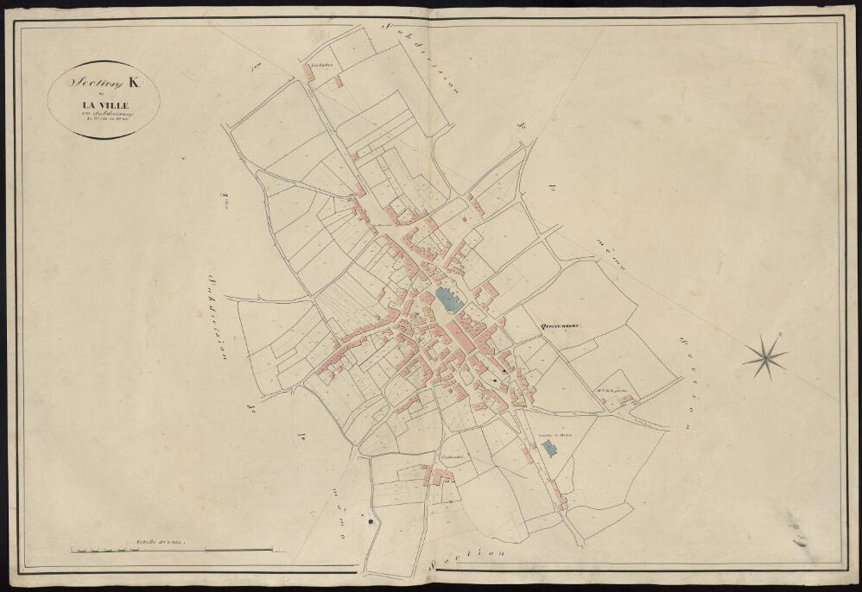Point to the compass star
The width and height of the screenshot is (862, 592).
click(x=765, y=357)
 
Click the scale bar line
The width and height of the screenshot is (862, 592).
click(x=173, y=549)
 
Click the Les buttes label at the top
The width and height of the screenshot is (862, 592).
click(x=312, y=64)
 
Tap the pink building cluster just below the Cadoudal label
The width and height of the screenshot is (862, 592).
click(x=441, y=475)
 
